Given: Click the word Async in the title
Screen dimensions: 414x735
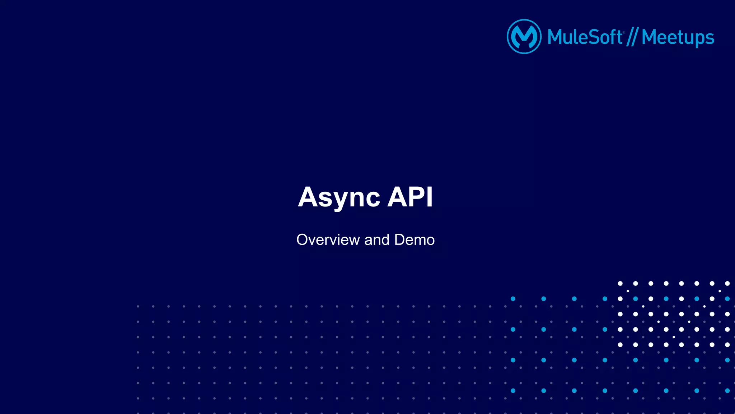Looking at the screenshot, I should (x=339, y=197).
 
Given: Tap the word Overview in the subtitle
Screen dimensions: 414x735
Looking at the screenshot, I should (x=328, y=240).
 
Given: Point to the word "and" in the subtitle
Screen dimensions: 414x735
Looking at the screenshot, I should (x=377, y=240).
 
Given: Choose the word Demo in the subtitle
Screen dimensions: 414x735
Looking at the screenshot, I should (x=414, y=240).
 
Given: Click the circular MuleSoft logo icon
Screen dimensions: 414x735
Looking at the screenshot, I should (x=524, y=37).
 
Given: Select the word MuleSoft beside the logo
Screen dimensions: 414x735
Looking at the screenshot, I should (x=585, y=37).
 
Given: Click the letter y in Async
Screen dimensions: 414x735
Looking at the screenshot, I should (x=339, y=200).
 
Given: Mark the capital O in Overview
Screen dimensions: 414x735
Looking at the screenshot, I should (x=303, y=240).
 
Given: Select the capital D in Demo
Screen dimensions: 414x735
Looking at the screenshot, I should (x=400, y=240).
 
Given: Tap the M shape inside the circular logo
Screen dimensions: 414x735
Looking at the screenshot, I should (x=524, y=37).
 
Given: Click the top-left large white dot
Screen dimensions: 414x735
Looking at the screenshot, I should (x=620, y=283).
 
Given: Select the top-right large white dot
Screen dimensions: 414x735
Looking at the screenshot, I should (x=727, y=283).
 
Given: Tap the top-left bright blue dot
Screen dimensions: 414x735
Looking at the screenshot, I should (x=513, y=299).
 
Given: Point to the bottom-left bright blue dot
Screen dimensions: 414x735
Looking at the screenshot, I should (x=513, y=391).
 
